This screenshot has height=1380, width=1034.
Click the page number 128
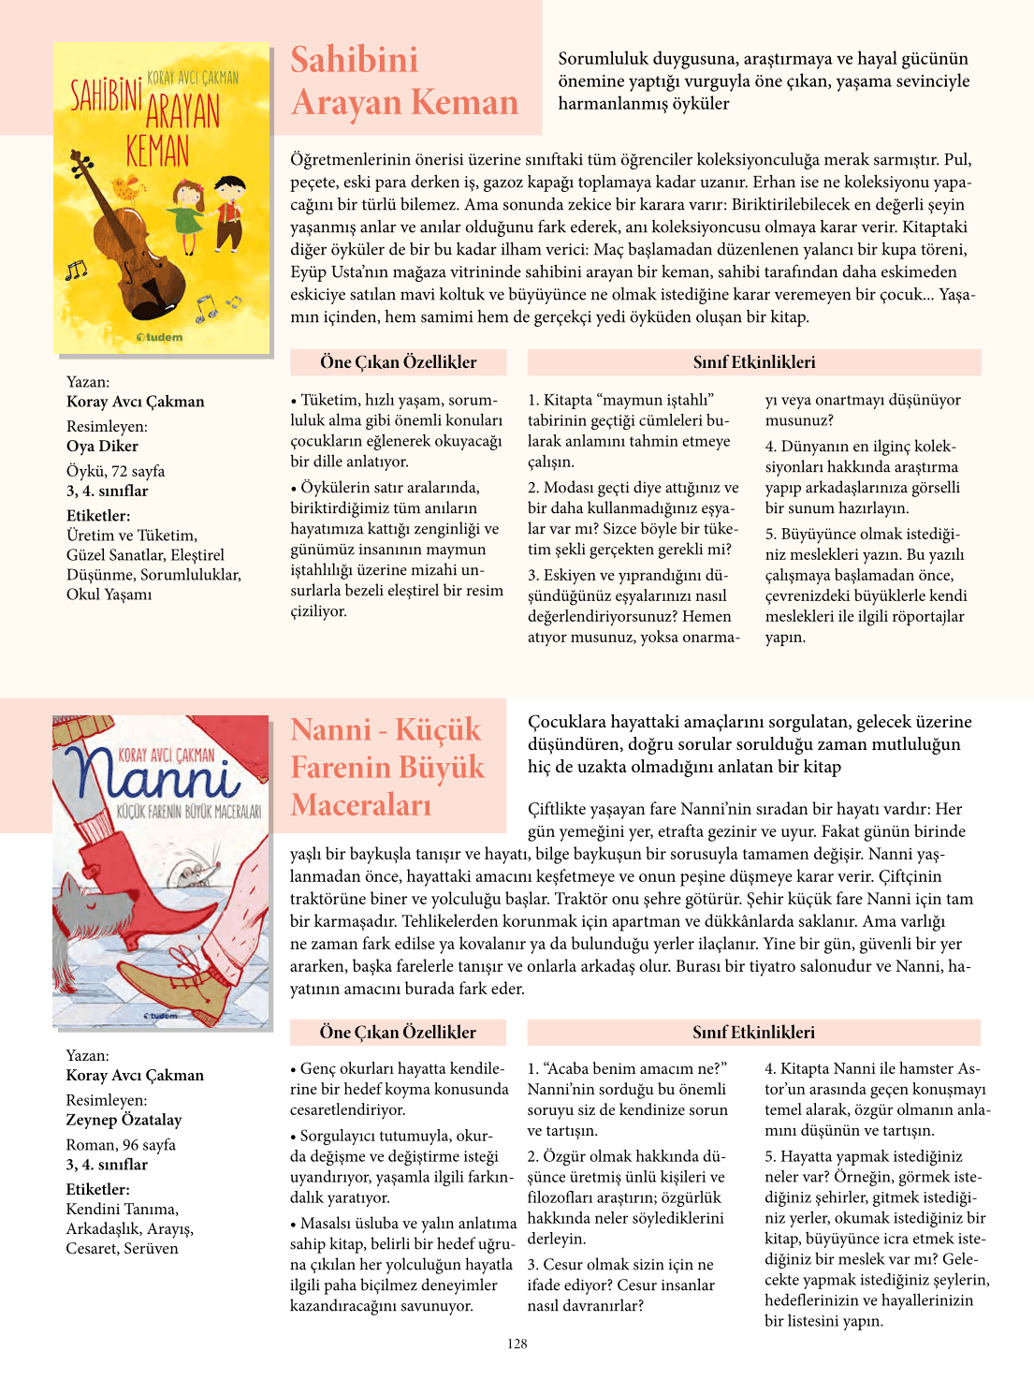pos(517,1343)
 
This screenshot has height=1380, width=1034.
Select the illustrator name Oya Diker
pos(102,446)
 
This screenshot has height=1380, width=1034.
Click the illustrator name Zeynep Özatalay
pos(124,1120)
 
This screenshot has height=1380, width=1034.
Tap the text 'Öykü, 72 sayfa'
pos(115,471)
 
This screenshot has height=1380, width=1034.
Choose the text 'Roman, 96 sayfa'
pos(121,1144)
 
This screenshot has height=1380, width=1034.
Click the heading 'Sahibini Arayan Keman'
pos(403,81)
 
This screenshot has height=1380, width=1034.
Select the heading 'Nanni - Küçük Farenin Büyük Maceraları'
pos(386,767)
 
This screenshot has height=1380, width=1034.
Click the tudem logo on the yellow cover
pos(160,337)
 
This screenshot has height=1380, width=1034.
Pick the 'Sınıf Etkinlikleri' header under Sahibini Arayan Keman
pos(753,362)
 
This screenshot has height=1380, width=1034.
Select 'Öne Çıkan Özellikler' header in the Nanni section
pos(398,1032)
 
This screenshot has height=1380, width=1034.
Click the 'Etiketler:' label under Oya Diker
pos(98,515)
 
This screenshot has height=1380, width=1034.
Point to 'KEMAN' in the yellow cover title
pos(158,150)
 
